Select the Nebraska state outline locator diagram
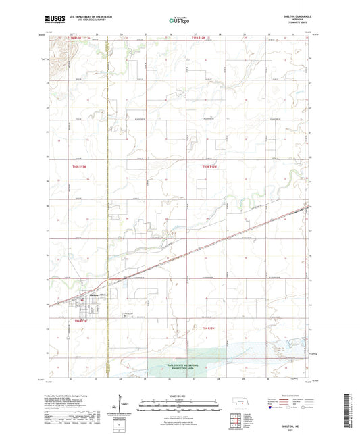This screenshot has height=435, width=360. (240, 408)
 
